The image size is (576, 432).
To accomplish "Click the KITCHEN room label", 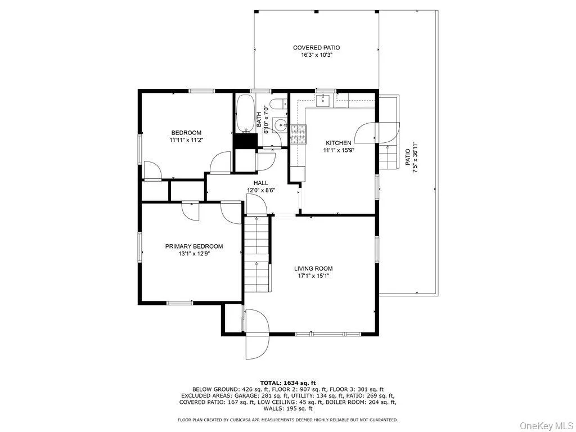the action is click(338, 143).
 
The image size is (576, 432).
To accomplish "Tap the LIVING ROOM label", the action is click(313, 268).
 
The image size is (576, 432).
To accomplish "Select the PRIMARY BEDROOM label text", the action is click(194, 246).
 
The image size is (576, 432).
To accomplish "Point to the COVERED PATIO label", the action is click(316, 48).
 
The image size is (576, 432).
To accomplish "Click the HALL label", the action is click(261, 183).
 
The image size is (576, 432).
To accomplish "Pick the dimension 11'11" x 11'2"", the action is click(186, 140).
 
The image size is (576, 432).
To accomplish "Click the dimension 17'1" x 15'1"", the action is click(313, 276).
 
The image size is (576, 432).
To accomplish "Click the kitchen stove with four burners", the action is click(298, 134).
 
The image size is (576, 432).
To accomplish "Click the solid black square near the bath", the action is click(246, 141).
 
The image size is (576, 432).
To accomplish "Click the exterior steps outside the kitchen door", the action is click(389, 156).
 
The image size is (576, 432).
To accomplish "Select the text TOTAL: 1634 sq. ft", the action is click(287, 382).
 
